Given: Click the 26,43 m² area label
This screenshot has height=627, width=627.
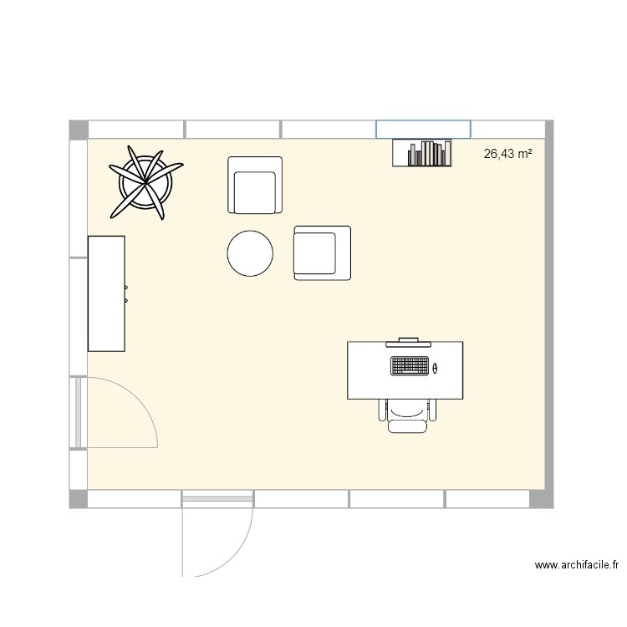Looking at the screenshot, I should [508, 154].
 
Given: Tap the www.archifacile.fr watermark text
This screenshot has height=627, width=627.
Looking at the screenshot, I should [576, 566].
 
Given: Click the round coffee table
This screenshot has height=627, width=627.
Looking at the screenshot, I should [250, 253].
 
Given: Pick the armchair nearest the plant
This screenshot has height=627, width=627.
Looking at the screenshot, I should [255, 186].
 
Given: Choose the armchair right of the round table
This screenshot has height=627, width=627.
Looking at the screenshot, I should [322, 252].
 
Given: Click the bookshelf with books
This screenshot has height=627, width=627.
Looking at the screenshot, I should [422, 153].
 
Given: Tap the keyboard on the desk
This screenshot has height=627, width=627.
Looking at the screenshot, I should [410, 366].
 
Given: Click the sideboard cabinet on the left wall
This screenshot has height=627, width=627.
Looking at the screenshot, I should [106, 293].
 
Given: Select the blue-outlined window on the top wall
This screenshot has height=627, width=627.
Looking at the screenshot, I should [423, 129].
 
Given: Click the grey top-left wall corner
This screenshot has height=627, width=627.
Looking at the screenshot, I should [79, 130].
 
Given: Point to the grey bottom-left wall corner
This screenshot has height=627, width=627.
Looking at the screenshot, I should [79, 499].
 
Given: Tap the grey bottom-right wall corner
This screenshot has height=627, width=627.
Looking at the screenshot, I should [543, 499].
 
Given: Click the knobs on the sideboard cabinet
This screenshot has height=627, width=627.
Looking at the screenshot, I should [125, 293].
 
